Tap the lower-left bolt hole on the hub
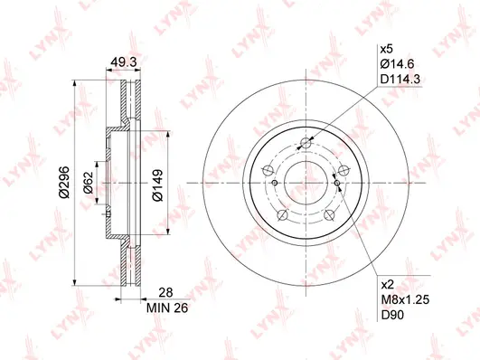pos(282,216)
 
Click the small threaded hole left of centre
pos(268,170)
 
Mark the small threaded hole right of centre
pos(338,184)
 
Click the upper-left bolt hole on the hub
pos(268,170)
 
